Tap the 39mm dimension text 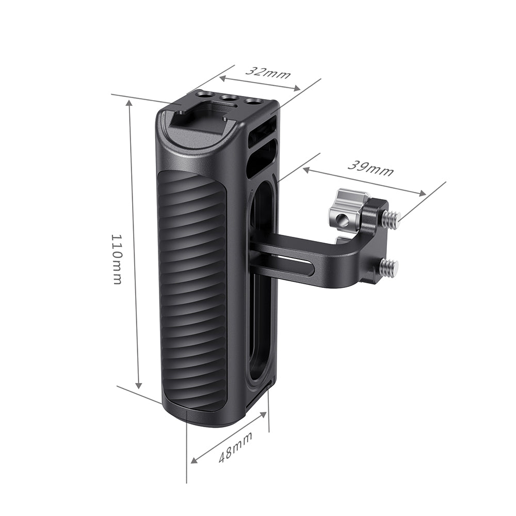tap(370, 168)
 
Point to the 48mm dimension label tap(236, 447)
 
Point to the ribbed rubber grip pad tap(192, 289)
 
